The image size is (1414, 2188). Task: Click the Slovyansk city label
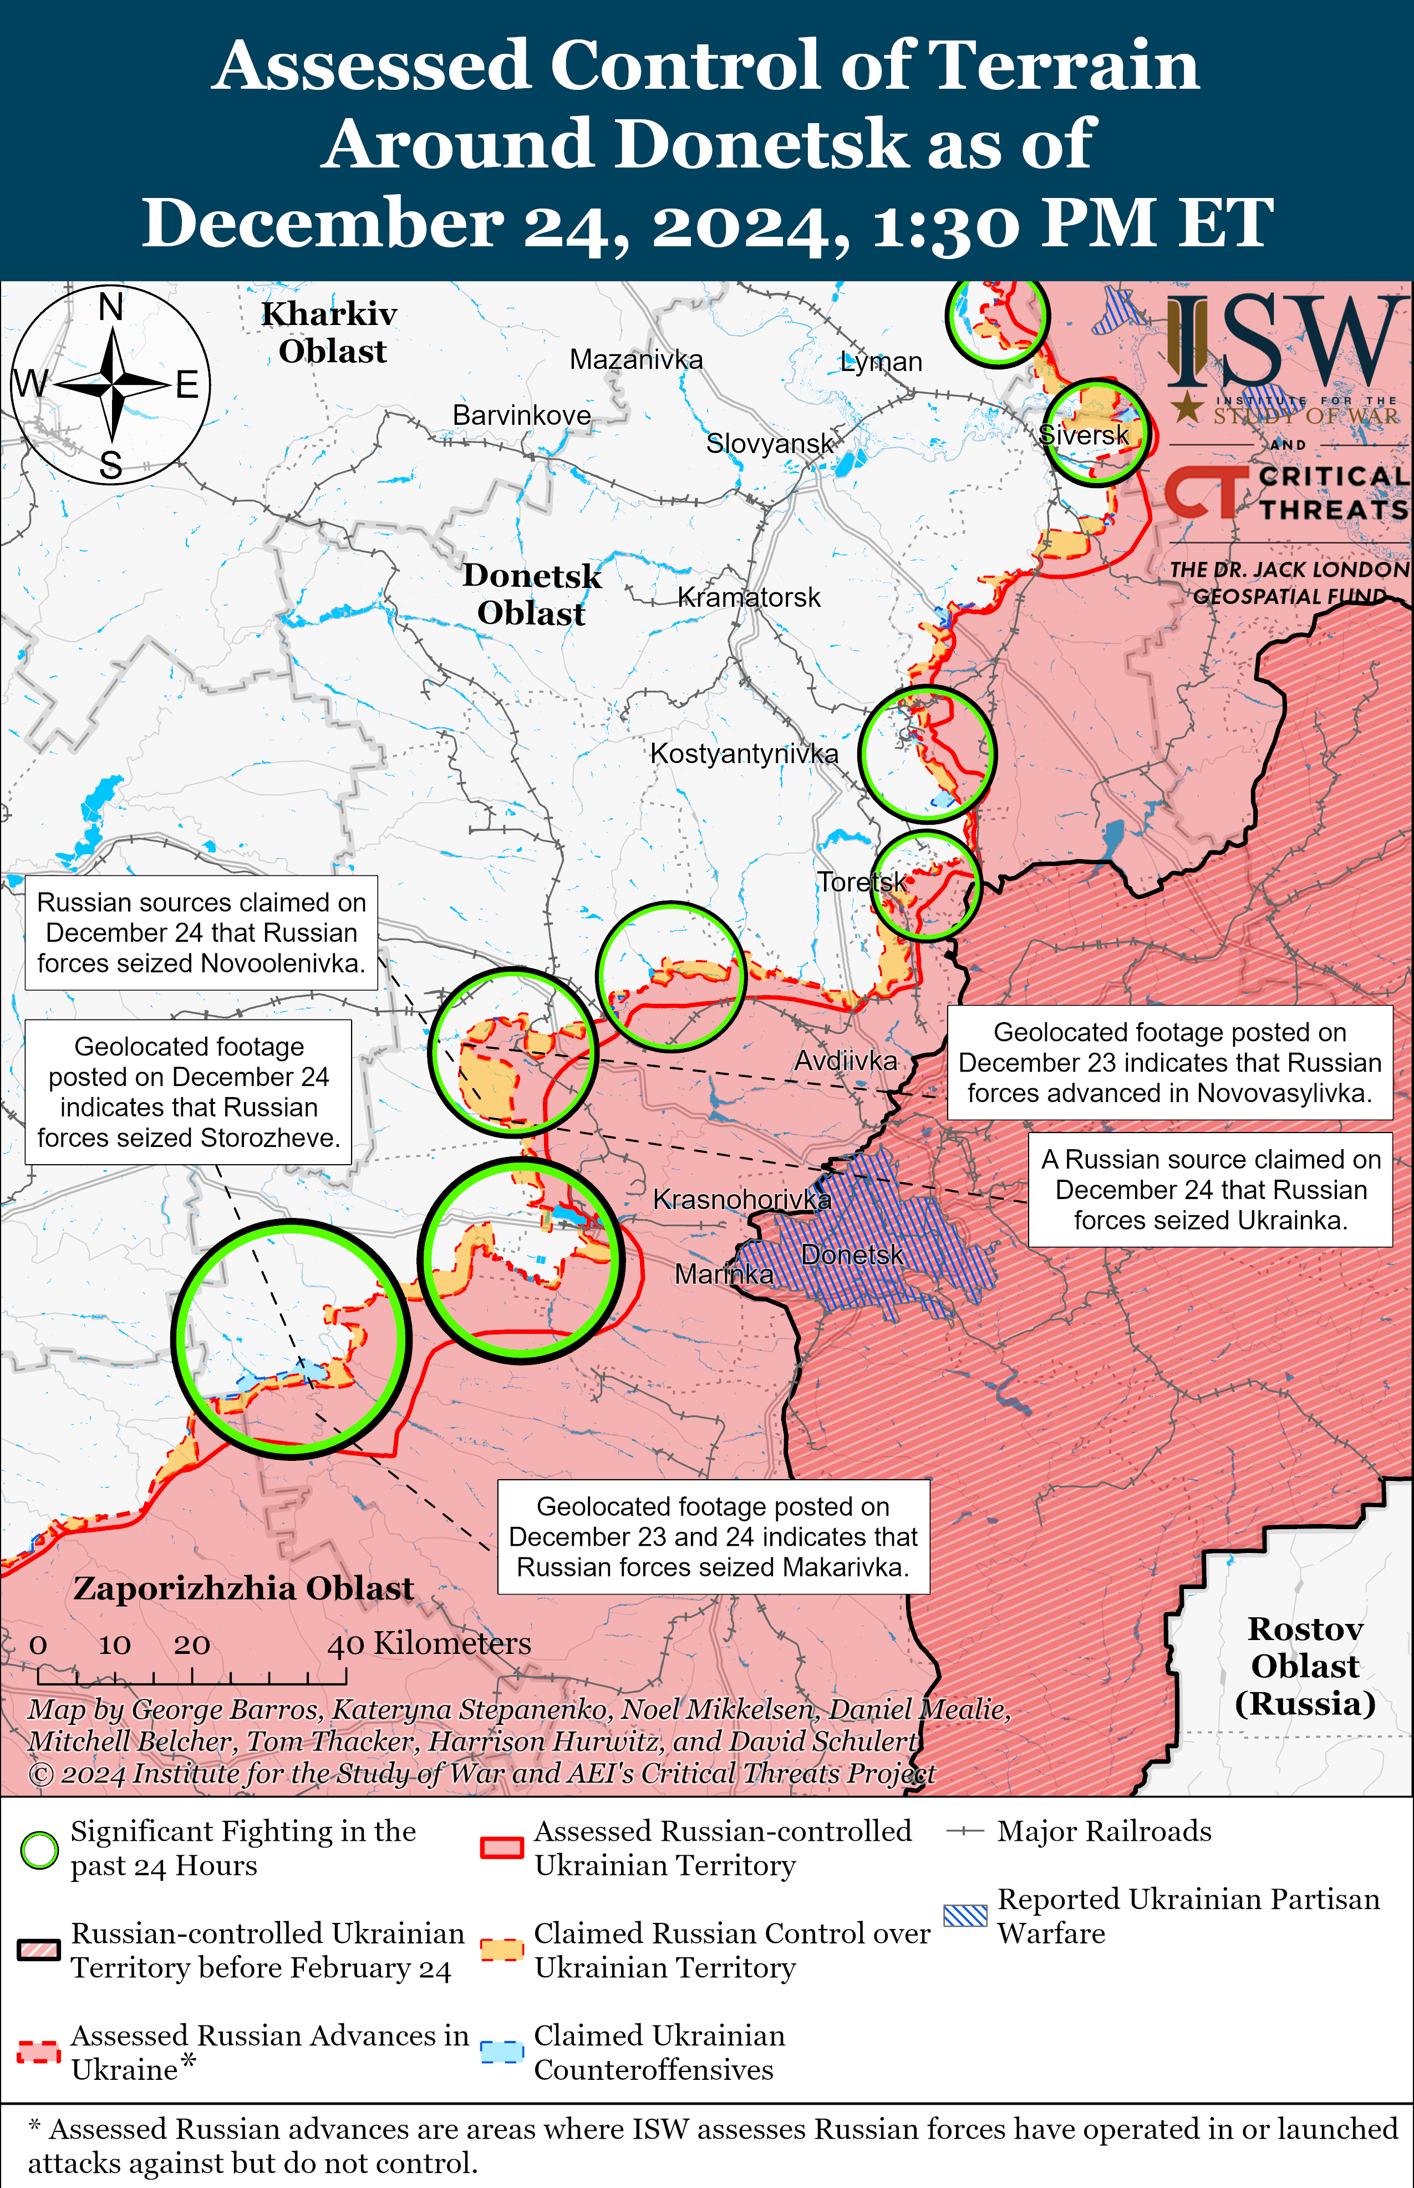click(x=770, y=444)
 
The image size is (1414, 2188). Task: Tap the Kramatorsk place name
click(x=749, y=598)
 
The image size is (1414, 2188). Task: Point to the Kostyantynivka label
click(x=744, y=754)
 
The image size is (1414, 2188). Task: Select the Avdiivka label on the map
click(x=845, y=1062)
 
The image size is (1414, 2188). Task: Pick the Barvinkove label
click(x=522, y=415)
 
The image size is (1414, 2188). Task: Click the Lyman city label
click(x=881, y=362)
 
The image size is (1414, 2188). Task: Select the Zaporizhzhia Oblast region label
click(x=243, y=1588)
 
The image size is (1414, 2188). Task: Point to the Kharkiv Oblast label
click(x=330, y=332)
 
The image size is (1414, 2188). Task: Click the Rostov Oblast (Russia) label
click(x=1304, y=1667)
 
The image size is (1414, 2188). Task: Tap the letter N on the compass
click(x=111, y=307)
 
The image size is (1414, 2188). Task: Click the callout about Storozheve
click(x=188, y=1092)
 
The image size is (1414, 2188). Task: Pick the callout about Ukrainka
click(x=1210, y=1190)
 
